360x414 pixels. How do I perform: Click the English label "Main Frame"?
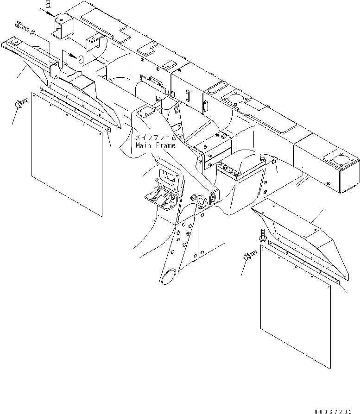pos(156,145)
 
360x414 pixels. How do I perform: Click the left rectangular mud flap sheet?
pos(66,152)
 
